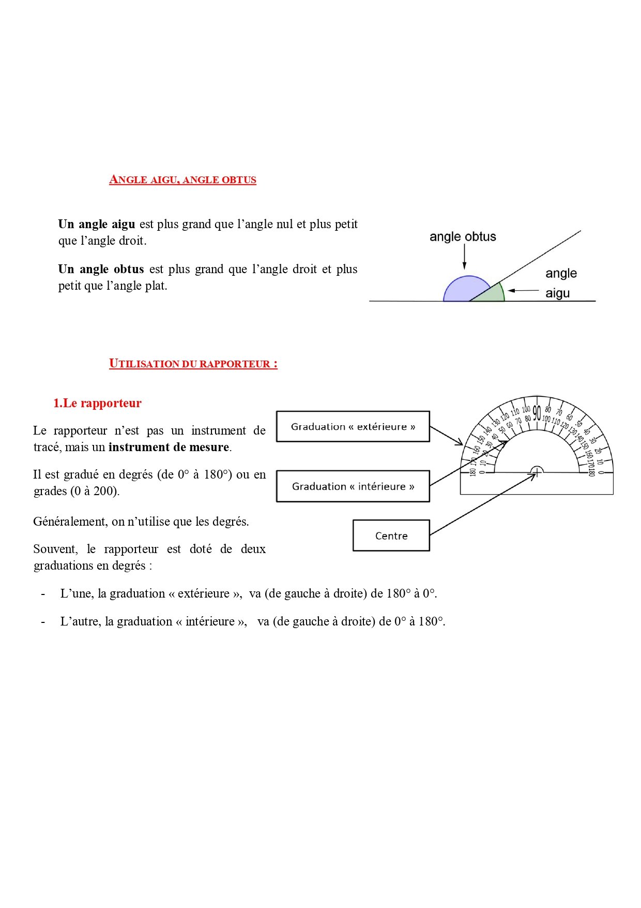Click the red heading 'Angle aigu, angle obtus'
[182, 180]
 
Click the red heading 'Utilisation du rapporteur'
[193, 363]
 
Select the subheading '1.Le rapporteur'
[97, 403]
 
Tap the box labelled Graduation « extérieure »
[353, 426]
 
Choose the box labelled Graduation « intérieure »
[353, 486]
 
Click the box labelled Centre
[391, 535]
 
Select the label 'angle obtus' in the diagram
[463, 236]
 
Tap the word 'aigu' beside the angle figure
[558, 293]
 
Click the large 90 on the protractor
[537, 412]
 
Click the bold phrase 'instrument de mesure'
[169, 447]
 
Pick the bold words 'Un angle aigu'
[97, 224]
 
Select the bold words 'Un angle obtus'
[101, 269]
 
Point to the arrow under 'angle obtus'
[464, 257]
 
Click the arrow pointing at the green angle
[523, 291]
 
